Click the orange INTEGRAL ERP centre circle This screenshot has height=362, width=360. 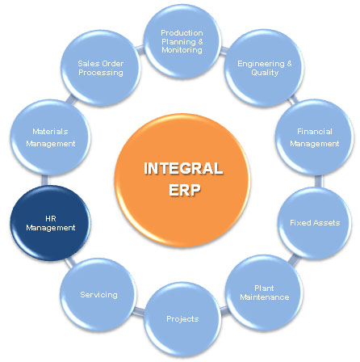182,180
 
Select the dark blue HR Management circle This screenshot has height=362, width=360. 50,223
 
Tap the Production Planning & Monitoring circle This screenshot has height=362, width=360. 182,41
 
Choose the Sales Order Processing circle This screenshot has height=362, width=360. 101,68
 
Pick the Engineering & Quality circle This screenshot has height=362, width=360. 264,68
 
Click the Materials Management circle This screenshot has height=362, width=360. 50,137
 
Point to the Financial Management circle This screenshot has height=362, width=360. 315,137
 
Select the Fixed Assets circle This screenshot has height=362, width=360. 315,223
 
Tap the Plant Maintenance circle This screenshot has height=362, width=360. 264,293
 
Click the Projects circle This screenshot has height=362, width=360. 182,319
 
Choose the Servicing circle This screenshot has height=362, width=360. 98,295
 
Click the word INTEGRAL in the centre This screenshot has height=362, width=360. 183,169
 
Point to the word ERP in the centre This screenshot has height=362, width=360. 185,190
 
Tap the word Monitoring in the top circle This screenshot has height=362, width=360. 182,50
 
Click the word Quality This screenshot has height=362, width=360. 265,73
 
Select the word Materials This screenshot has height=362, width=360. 50,132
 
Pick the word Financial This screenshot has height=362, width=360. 315,132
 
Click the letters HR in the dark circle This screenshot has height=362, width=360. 51,218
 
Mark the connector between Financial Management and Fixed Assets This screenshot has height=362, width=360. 318,181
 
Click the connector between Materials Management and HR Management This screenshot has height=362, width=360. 45,180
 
